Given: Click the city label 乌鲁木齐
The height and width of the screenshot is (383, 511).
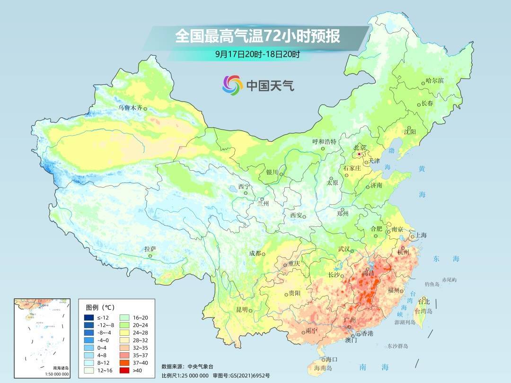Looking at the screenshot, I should tap(130, 108).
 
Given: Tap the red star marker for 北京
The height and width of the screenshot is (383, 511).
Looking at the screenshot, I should tap(360, 154).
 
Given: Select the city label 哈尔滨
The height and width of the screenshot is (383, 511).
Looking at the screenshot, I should tap(434, 81).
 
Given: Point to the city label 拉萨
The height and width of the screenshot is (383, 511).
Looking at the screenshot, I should tap(150, 249).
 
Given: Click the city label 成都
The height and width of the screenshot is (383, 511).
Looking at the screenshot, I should tap(255, 253).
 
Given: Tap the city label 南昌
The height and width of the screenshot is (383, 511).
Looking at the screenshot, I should tap(368, 274).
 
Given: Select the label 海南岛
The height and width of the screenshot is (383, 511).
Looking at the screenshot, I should tap(323, 368).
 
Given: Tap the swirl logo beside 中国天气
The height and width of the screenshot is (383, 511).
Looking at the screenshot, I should tap(232, 85).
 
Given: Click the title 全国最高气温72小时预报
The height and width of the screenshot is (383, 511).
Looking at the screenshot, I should tap(257, 36).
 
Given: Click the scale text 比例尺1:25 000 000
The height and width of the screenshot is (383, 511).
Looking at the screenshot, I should tap(185, 375).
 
